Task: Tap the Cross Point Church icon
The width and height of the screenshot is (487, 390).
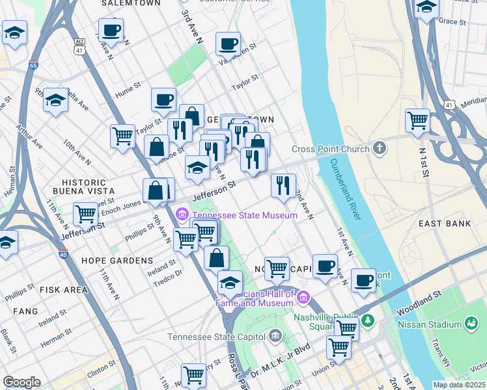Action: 380,149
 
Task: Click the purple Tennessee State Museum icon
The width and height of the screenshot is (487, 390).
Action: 182,214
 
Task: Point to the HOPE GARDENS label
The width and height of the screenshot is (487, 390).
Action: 117,261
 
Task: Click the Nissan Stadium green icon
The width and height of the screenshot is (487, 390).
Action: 470,323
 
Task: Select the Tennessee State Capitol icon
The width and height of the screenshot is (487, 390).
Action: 275,337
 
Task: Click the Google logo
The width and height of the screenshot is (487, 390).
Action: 21,382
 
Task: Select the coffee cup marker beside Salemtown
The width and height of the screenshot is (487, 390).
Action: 111,31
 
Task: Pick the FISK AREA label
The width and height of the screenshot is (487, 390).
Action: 63,290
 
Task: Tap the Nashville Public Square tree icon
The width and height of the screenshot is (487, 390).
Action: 368,320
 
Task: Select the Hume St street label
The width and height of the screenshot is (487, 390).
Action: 128,86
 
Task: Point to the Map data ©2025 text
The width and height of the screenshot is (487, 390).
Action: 460,385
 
